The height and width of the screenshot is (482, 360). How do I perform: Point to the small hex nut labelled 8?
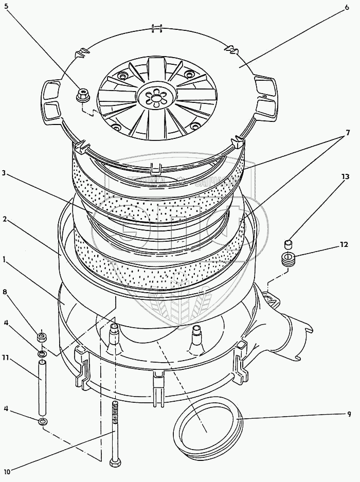point(42,337)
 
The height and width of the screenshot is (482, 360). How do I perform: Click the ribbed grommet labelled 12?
point(288,258)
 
